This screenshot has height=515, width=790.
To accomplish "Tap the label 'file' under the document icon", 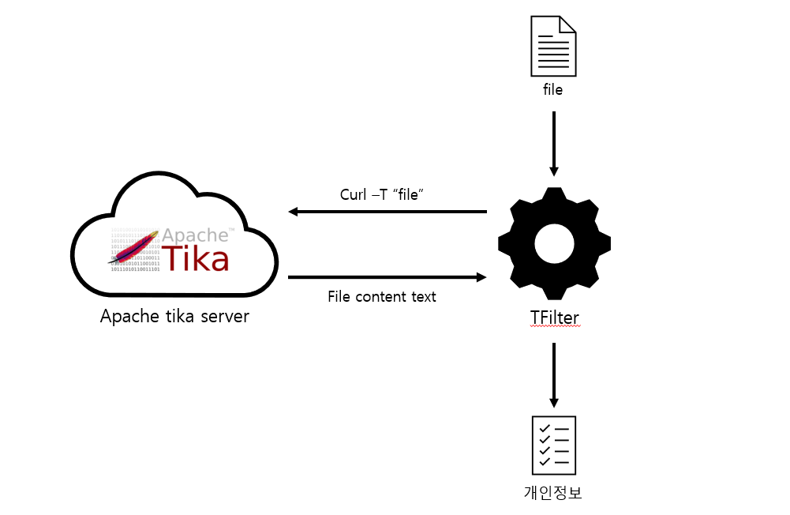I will (553, 90).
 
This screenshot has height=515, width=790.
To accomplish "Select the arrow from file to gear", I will (554, 143).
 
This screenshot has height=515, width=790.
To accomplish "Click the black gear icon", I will (554, 244).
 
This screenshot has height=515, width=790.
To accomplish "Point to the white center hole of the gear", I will (554, 244).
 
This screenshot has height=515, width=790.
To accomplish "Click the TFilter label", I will (554, 318).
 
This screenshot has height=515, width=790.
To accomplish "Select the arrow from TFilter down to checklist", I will (554, 374).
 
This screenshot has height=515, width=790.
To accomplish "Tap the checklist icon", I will (554, 444).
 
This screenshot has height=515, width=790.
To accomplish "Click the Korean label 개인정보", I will (554, 493).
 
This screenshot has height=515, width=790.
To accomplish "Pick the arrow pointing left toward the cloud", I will (387, 212).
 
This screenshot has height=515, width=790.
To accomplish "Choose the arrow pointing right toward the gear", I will (387, 277).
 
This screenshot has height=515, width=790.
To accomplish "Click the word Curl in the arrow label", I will (353, 194).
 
